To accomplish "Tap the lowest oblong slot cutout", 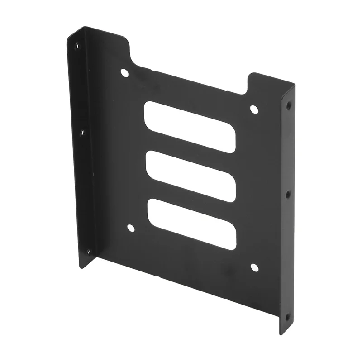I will (191, 224).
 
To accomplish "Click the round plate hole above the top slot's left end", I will (124, 72).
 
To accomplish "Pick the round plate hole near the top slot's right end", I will (254, 109).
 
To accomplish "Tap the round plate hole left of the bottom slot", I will (131, 228).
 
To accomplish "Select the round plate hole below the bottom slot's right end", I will (254, 267).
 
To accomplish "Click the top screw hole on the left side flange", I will (76, 46).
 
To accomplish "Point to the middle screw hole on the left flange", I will (82, 133).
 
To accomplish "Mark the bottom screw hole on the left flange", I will (88, 252).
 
